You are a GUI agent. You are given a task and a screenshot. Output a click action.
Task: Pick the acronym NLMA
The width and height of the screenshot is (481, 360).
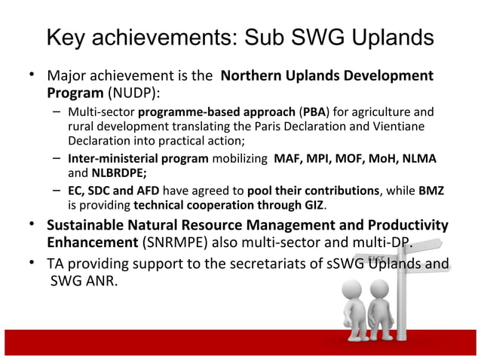pyautogui.click(x=422, y=160)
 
